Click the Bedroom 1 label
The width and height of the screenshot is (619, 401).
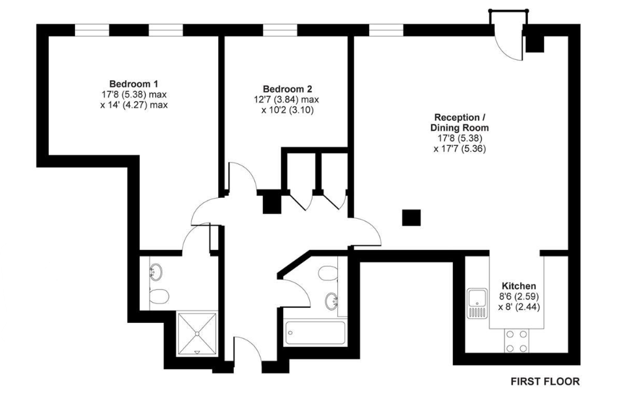(x=133, y=84)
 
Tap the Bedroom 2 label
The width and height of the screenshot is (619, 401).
(x=288, y=89)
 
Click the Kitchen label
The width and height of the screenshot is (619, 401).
(x=519, y=286)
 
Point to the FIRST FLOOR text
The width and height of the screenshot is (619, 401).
(x=544, y=381)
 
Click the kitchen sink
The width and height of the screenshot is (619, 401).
(x=478, y=303)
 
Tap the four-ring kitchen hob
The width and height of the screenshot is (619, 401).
(x=516, y=340)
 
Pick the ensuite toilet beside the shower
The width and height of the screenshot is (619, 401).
(x=158, y=297)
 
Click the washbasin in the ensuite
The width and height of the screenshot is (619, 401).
(x=156, y=270)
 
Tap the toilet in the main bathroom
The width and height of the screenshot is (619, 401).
(x=329, y=274)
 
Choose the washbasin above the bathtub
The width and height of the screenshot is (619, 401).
(x=332, y=301)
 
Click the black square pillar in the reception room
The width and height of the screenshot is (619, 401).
(x=411, y=217)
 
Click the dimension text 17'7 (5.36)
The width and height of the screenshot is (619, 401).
(x=460, y=148)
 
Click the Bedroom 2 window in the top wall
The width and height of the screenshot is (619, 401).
(x=280, y=30)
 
